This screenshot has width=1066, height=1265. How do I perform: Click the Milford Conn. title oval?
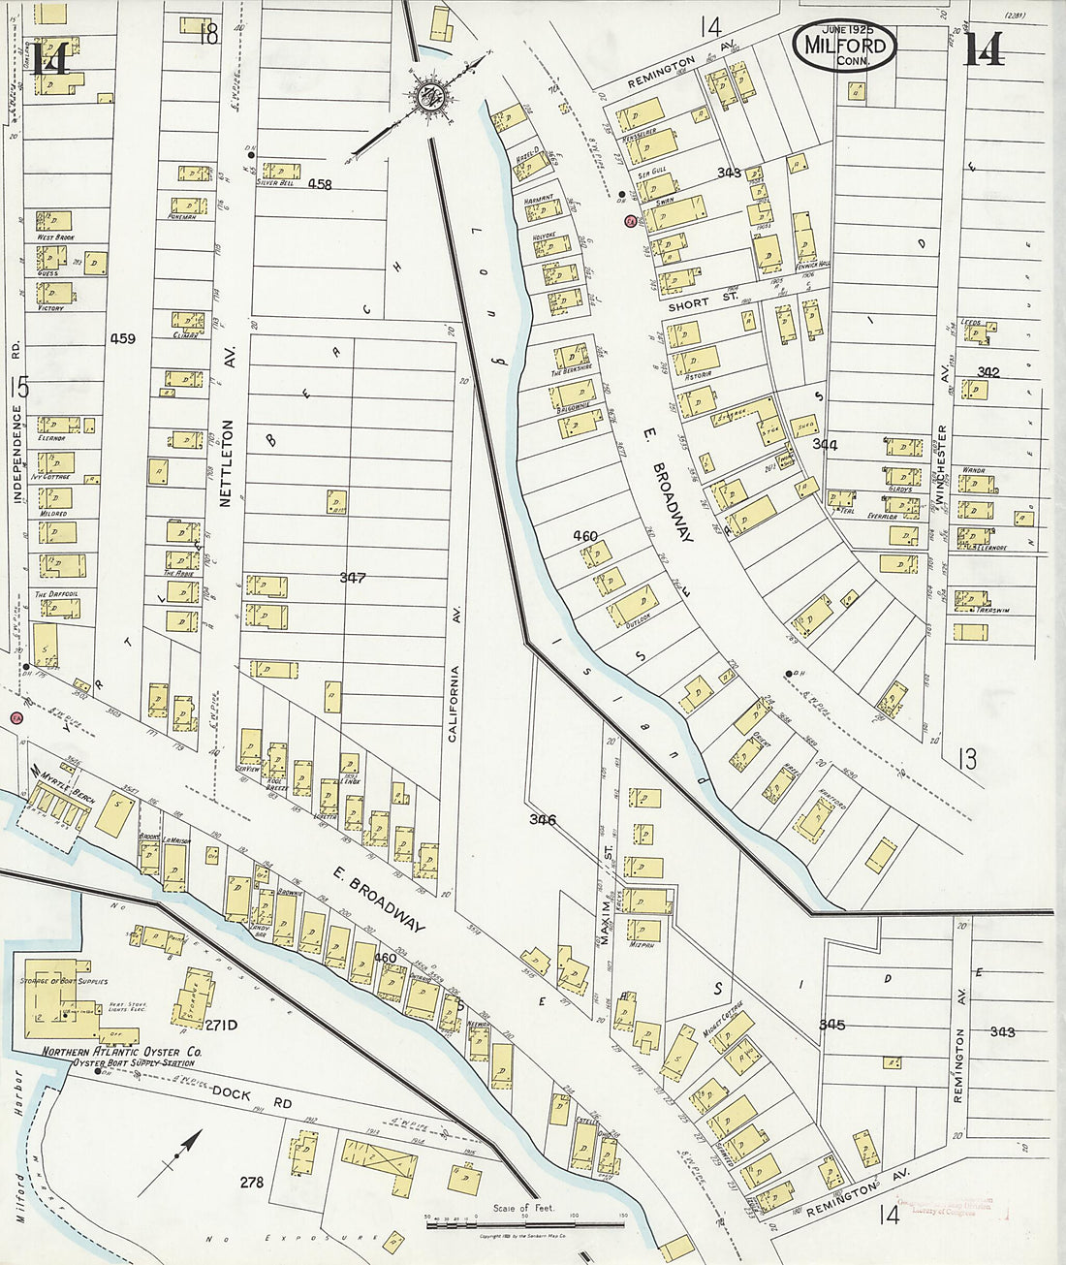[x=845, y=45]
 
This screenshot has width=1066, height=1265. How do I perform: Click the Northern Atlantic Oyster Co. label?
[x=121, y=1052]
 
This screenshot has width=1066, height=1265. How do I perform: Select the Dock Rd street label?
[x=232, y=1094]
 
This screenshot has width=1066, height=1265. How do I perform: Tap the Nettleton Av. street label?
[x=229, y=463]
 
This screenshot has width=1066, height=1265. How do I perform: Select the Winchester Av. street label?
[x=941, y=465]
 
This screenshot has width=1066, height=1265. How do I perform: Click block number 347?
[x=352, y=578]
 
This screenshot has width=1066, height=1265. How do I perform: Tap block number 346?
[x=543, y=819]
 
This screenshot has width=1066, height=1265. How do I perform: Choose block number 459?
[x=123, y=338]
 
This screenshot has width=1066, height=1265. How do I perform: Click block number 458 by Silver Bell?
[x=320, y=184]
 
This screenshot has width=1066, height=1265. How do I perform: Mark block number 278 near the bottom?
[x=252, y=1182]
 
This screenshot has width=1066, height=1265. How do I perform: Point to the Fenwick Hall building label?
[x=810, y=264]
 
